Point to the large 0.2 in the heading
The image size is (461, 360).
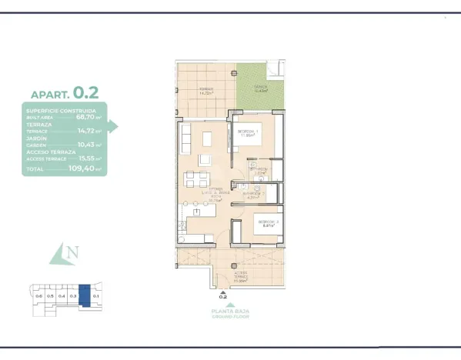pos(87,93)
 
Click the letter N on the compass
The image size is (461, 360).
pos(72,252)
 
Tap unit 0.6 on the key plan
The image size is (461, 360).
pos(38,295)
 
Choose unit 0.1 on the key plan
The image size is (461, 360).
pos(95,295)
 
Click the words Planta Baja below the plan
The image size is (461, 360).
pos(231,310)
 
